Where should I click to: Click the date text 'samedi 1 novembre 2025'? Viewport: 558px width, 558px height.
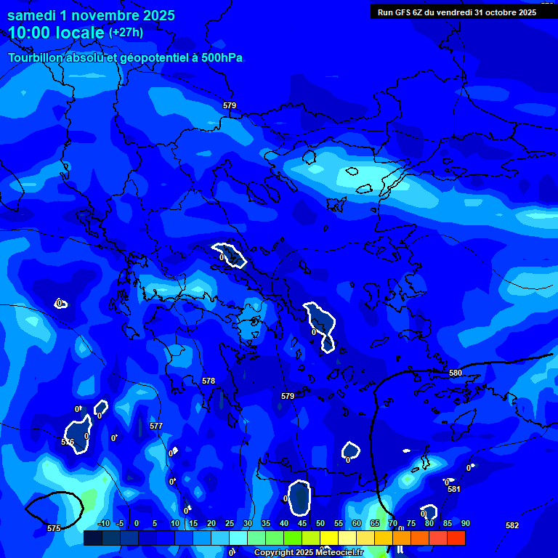[x=91, y=15]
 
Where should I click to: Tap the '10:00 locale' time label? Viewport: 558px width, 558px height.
[x=56, y=33]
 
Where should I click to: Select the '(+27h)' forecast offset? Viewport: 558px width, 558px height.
[x=126, y=33]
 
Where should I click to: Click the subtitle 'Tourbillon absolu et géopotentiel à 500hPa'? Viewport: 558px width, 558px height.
[x=125, y=57]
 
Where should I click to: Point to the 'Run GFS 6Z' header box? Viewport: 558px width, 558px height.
[x=457, y=12]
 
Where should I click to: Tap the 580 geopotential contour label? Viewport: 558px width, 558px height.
[x=456, y=373]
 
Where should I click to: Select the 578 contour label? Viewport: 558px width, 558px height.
[x=209, y=381]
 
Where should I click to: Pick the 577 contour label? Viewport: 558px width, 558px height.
[x=156, y=426]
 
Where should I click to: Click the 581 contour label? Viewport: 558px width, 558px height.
[x=454, y=489]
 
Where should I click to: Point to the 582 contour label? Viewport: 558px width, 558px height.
[x=512, y=525]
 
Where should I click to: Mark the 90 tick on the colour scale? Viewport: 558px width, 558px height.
[x=465, y=523]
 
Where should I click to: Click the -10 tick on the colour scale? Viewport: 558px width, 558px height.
[x=104, y=523]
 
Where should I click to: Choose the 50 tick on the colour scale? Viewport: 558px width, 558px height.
[x=320, y=523]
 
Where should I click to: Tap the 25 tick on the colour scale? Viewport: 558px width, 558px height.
[x=230, y=523]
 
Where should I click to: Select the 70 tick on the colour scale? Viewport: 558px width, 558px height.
[x=392, y=523]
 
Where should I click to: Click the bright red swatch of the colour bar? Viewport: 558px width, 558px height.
[x=456, y=538]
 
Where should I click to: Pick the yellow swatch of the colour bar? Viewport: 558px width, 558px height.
[x=329, y=538]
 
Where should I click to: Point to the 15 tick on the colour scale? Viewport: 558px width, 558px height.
[x=193, y=523]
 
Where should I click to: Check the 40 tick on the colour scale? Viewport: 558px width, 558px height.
[x=284, y=523]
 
